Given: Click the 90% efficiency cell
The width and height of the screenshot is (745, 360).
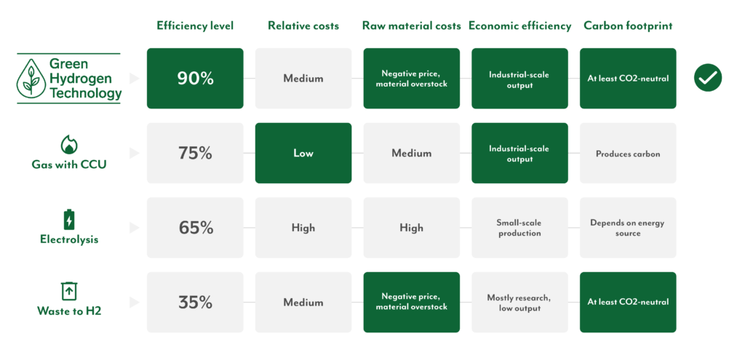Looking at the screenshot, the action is pos(195,79).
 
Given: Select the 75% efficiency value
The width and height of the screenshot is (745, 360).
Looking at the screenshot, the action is pos(195,153).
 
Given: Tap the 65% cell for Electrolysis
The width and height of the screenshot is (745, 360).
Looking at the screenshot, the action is pos(195,228).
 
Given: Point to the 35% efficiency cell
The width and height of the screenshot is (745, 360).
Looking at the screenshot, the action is pos(195,302).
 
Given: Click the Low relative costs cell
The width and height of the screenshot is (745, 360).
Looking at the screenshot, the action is pos(303,153).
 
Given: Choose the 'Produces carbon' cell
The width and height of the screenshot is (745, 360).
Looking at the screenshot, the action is pos(628,153).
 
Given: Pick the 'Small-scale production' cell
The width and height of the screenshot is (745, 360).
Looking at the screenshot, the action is pos(519,228).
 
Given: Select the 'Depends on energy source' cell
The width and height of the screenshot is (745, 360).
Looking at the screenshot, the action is pos(628,228).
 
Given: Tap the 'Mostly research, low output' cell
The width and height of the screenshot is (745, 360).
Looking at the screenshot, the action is pos(519,302).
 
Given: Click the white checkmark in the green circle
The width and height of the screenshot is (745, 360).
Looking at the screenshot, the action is pos(707,78).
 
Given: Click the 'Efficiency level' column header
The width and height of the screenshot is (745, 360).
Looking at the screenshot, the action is pos(195,25).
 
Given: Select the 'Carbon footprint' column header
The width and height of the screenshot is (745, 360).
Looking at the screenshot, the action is pos(628,25).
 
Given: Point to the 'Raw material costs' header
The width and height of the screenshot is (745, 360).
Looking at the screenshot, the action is pos(412,25).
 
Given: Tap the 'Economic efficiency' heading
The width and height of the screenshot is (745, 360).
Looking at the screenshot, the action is pos(519,25).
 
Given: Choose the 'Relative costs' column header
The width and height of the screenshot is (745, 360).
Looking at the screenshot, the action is pos(303,25).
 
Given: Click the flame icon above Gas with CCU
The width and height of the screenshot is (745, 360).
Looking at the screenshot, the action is pos(69,145).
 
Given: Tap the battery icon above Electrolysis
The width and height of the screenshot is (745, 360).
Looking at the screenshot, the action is pos(69,220).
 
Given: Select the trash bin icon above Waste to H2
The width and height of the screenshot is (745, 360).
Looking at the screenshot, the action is pos(69,291).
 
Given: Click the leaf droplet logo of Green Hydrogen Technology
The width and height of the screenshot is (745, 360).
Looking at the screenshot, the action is pos(31,79).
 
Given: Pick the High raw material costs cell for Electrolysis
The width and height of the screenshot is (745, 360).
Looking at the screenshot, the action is pos(412,228).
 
